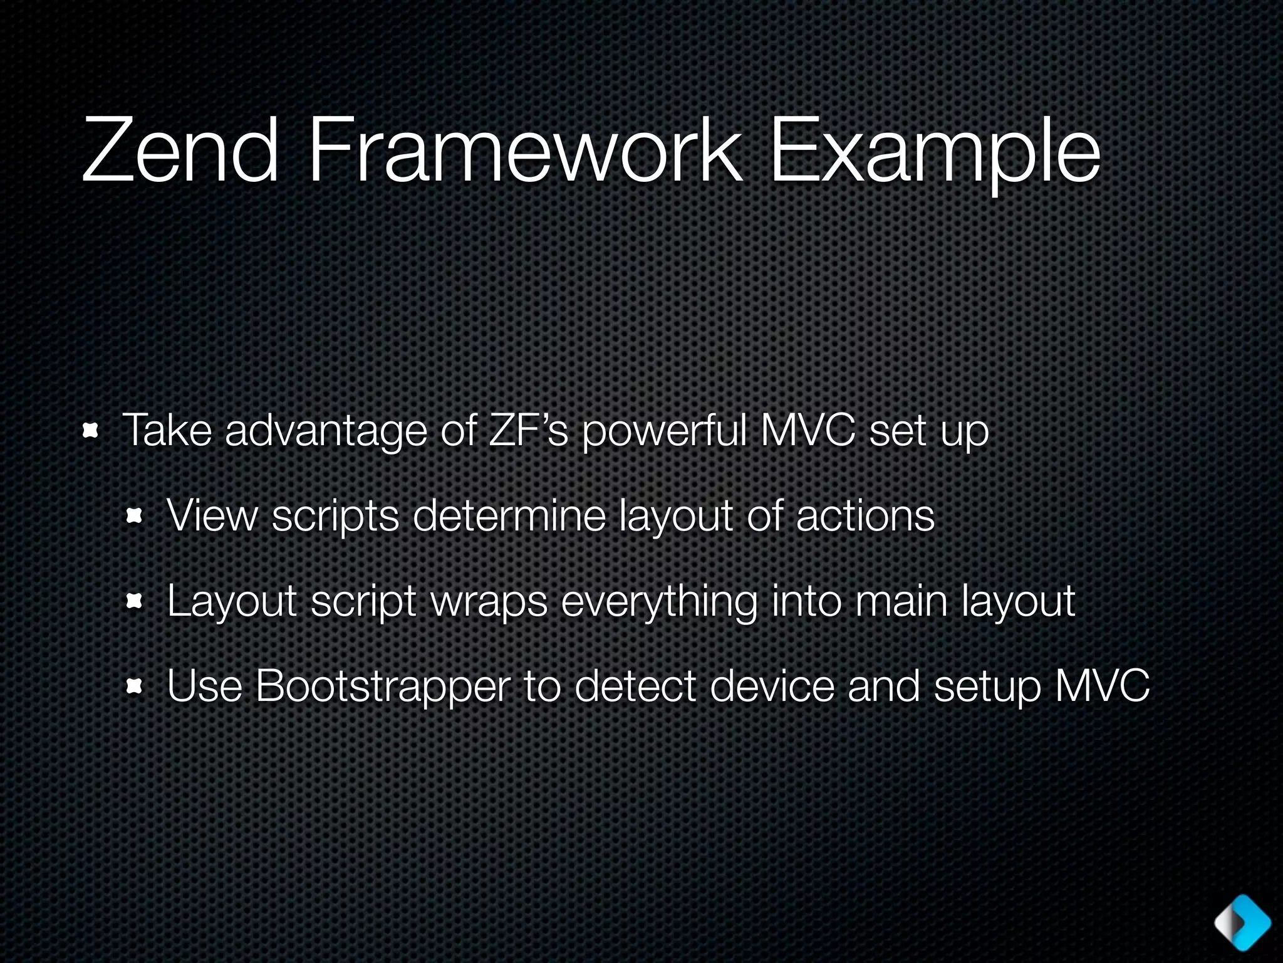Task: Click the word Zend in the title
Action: (x=180, y=152)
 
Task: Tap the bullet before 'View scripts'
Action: (x=135, y=517)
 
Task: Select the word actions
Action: (x=865, y=515)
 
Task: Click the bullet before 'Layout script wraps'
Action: (x=135, y=603)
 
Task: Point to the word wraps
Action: (x=489, y=602)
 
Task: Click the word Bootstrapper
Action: (x=382, y=687)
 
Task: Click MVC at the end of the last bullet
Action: (x=1103, y=686)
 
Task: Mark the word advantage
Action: (x=326, y=431)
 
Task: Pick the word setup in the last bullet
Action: (x=987, y=687)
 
